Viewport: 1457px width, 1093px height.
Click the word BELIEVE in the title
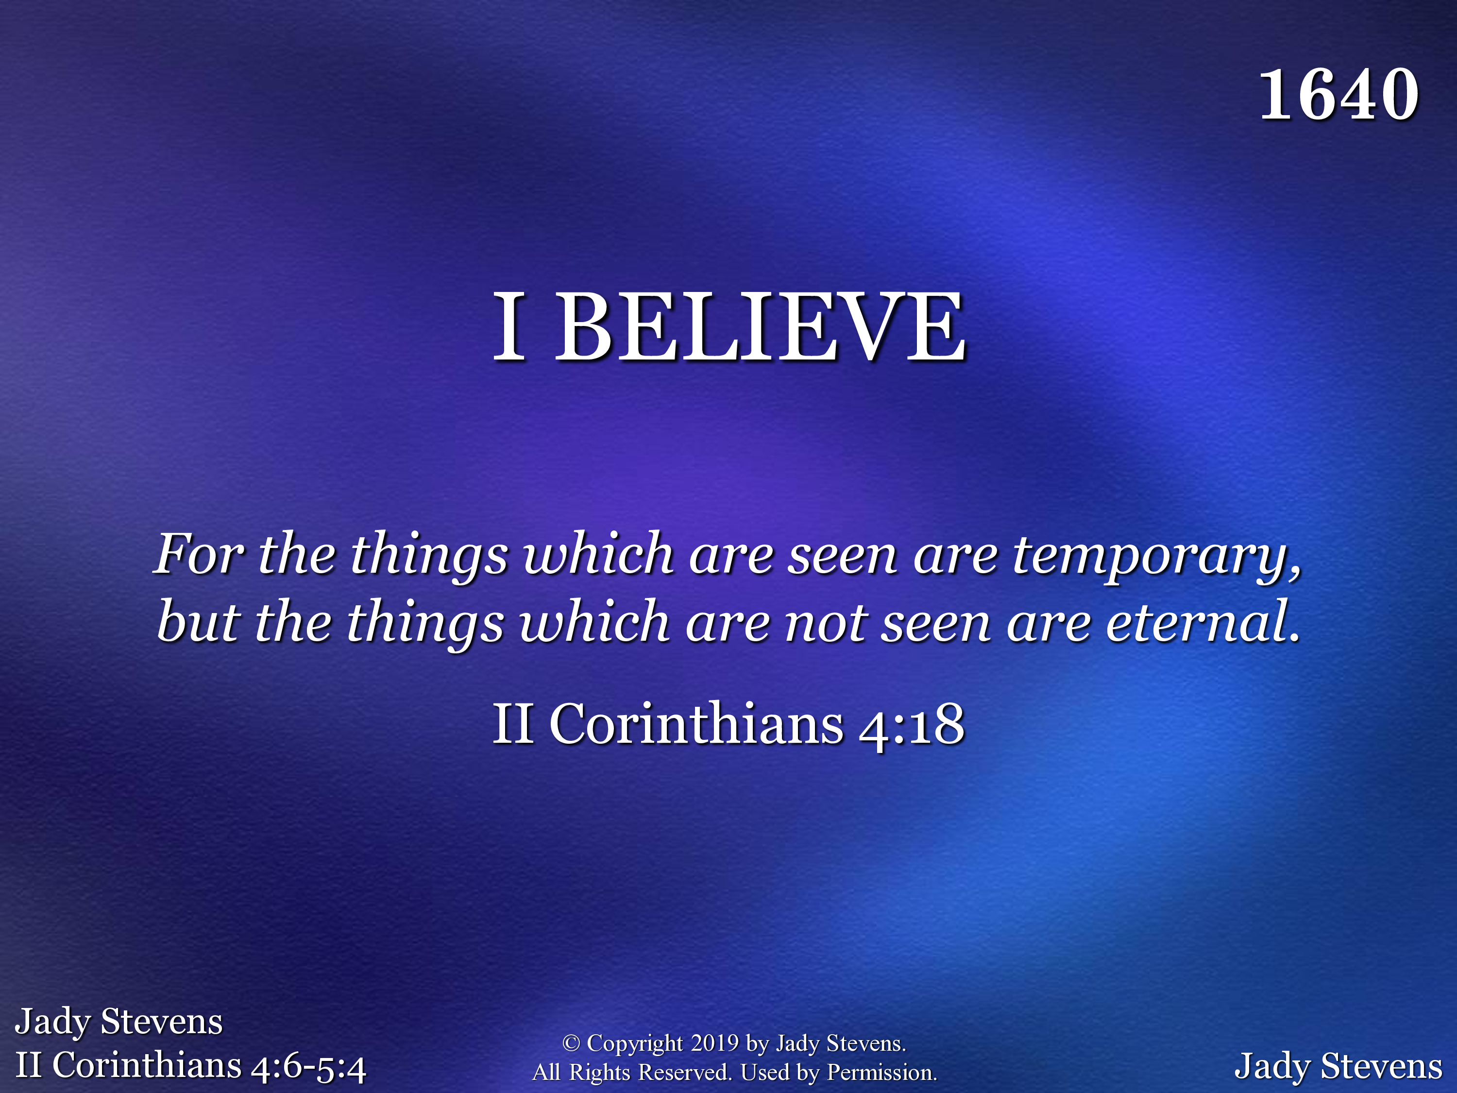tap(761, 327)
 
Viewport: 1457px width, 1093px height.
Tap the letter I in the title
tap(510, 327)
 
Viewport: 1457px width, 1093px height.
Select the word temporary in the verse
tap(1150, 557)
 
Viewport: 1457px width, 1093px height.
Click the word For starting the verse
tap(199, 553)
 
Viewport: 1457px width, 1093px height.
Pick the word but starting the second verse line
tap(198, 621)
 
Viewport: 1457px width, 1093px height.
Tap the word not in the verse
tap(826, 623)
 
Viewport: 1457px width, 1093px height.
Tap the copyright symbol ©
tap(571, 1043)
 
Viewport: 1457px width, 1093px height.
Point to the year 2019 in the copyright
tap(715, 1043)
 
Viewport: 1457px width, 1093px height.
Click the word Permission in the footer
tap(881, 1073)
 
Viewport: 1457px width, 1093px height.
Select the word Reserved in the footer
tap(685, 1073)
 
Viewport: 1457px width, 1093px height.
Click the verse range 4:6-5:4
tap(308, 1067)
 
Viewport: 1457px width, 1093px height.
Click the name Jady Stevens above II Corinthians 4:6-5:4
tap(119, 1022)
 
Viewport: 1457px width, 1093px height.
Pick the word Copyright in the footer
tap(635, 1043)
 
